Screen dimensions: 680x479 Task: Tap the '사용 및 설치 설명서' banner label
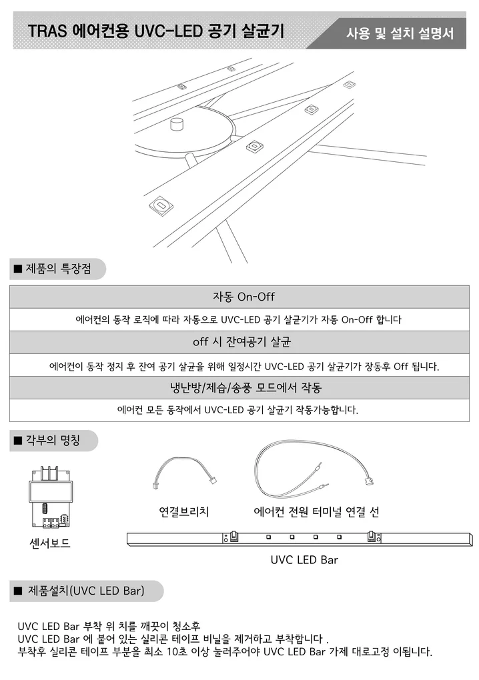[400, 33]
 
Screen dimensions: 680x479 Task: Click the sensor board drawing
[50, 496]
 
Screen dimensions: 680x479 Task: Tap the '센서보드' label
[50, 544]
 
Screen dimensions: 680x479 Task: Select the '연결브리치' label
[183, 512]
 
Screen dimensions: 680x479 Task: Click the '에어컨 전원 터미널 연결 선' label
[317, 512]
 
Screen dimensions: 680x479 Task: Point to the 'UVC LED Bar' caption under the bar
[304, 560]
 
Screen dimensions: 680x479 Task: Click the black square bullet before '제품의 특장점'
[18, 270]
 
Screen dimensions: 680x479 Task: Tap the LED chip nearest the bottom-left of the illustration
[161, 205]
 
